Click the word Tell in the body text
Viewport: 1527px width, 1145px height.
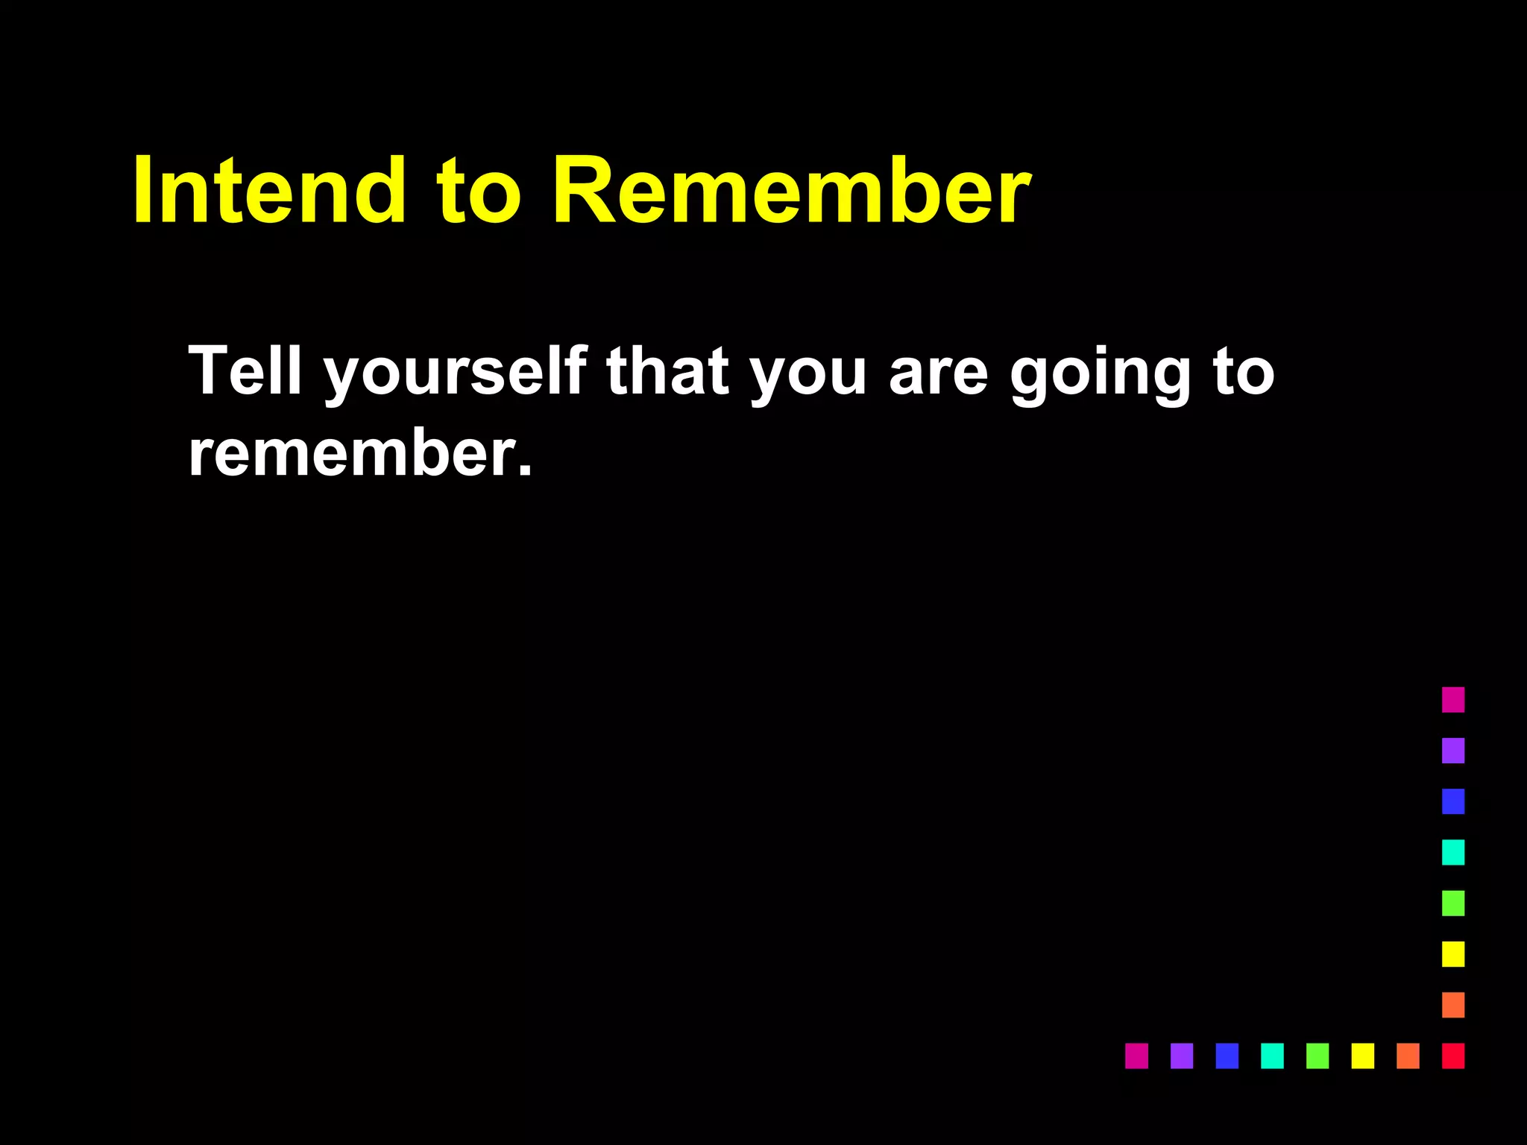point(245,370)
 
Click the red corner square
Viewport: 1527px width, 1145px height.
point(1452,1056)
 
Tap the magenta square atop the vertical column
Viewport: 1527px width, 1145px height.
point(1452,699)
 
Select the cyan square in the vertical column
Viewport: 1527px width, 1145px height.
point(1452,852)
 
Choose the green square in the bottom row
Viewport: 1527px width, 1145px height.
point(1317,1056)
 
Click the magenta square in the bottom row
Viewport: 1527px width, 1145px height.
point(1136,1056)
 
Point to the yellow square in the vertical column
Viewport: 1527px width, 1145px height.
point(1452,953)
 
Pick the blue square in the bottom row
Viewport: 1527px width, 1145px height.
point(1227,1056)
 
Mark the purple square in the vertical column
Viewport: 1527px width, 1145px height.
point(1452,750)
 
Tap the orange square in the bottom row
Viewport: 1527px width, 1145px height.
point(1408,1056)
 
